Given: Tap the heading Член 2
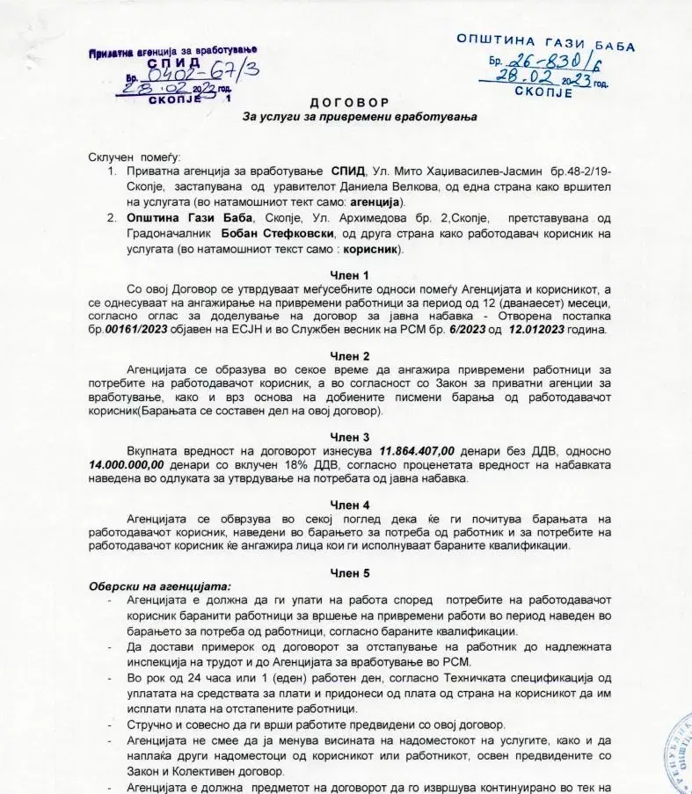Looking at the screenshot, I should coord(349,356).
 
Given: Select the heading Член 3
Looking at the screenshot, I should coord(349,437).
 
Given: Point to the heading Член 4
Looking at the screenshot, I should coord(349,505).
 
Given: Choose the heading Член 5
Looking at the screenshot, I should coord(349,572).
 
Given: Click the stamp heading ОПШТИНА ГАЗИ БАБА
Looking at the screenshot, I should coord(545,42).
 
